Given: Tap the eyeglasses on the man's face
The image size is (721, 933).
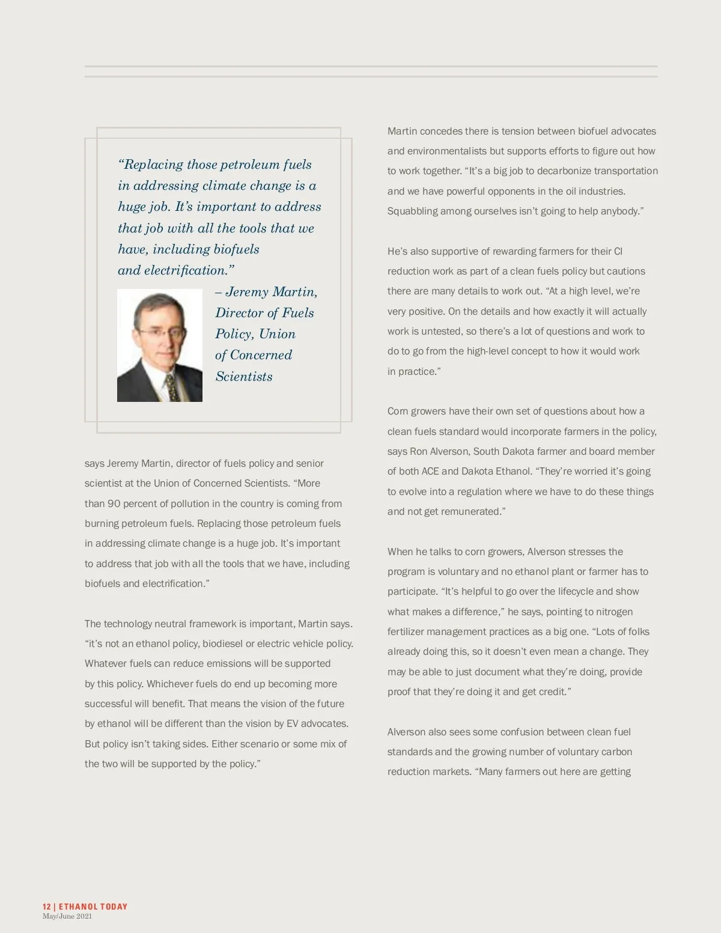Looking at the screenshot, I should pos(159,331).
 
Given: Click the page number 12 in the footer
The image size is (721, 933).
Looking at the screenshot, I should pos(46,907).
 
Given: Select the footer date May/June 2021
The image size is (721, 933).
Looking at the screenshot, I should pos(67,917).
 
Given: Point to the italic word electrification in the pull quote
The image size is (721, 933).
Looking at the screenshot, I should pos(186,270).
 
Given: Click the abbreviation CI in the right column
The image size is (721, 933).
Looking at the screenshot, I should pos(618,252).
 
